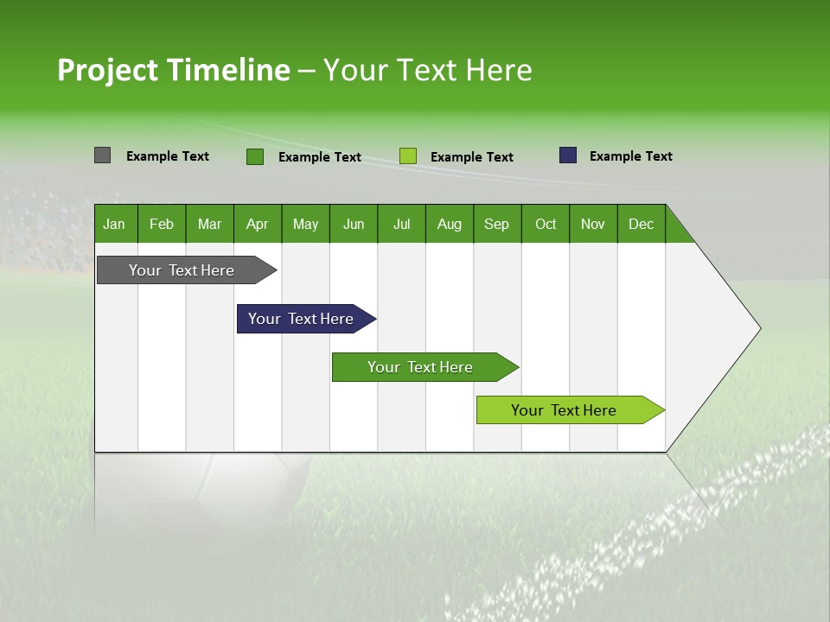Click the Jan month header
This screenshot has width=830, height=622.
[x=114, y=224]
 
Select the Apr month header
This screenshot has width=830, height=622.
[x=257, y=224]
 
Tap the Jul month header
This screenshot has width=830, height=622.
[x=401, y=224]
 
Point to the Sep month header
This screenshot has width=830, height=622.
[x=496, y=224]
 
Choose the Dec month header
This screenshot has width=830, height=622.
[x=641, y=224]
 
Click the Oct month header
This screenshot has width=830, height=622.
[x=546, y=224]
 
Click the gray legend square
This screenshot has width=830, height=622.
[x=102, y=155]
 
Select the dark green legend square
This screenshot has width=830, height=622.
[x=254, y=156]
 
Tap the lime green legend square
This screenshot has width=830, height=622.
[x=408, y=156]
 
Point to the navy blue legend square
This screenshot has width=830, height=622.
[x=568, y=155]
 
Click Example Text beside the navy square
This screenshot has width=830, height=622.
[x=630, y=156]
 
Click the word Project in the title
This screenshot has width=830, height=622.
[x=107, y=70]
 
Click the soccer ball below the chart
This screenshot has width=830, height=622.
[x=251, y=492]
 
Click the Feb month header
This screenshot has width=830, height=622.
[x=162, y=224]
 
